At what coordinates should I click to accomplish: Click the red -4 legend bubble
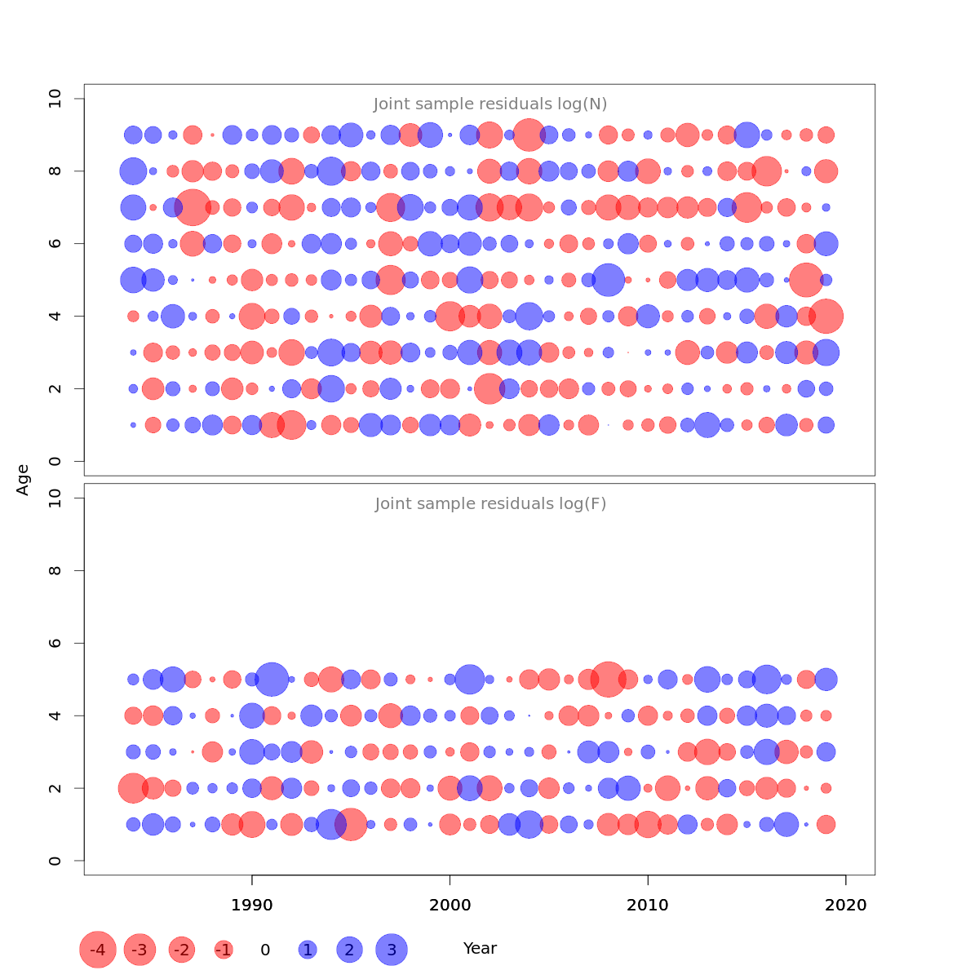tap(98, 950)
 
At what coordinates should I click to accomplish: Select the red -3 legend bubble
tap(140, 950)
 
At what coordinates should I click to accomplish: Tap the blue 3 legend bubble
tap(392, 950)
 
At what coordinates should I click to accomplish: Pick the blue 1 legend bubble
tap(308, 950)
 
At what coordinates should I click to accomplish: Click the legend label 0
tap(265, 950)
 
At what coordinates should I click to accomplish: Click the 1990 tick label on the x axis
tap(252, 905)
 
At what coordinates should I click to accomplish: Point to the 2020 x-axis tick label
tap(846, 905)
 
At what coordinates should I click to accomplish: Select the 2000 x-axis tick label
tap(450, 905)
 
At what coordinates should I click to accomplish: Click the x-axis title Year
tap(480, 948)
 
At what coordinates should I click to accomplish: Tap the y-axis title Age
tap(23, 479)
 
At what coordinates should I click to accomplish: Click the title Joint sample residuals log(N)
tap(490, 104)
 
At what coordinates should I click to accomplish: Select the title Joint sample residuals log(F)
tap(490, 504)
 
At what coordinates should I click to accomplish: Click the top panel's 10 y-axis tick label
tap(55, 99)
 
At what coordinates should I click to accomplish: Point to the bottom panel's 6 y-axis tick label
tap(55, 643)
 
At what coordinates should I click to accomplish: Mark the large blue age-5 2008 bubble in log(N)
tap(608, 280)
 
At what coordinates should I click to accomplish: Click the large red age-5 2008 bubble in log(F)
tap(608, 679)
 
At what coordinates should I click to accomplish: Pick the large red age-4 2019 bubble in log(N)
tap(826, 317)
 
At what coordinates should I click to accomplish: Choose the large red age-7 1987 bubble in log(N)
tap(193, 207)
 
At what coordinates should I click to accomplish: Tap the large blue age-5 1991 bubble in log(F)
tap(272, 679)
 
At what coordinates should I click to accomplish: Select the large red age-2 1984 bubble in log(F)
tap(133, 788)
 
